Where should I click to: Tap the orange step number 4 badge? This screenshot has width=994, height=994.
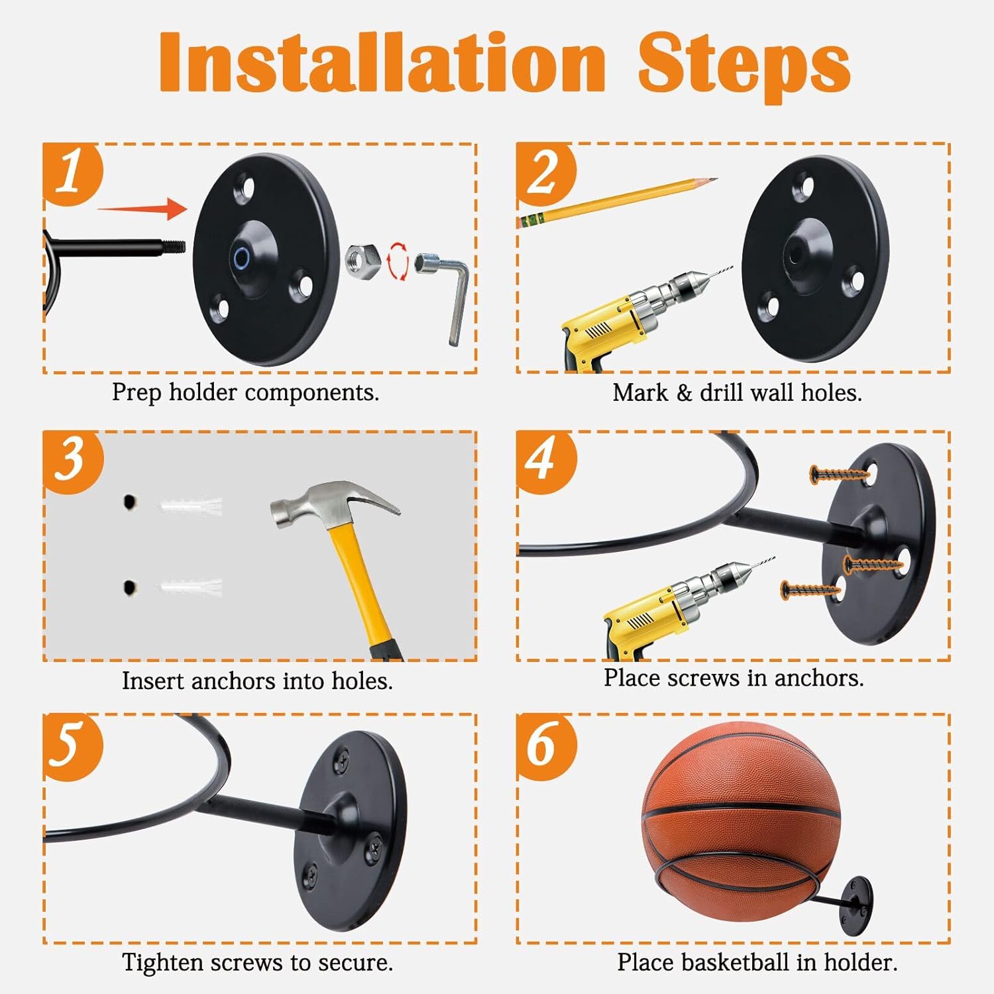click(546, 461)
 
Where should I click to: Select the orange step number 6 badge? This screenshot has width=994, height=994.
click(546, 745)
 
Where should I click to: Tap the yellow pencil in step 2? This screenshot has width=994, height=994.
click(618, 202)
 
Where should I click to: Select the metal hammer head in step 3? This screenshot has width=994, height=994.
click(335, 504)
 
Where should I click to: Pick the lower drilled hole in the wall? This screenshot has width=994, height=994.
click(130, 587)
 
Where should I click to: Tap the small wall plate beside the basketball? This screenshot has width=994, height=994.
click(858, 906)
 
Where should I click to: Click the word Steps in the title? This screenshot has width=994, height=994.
click(744, 64)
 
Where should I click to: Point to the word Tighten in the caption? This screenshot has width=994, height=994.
click(164, 963)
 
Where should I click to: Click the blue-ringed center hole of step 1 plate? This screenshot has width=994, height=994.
click(241, 259)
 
